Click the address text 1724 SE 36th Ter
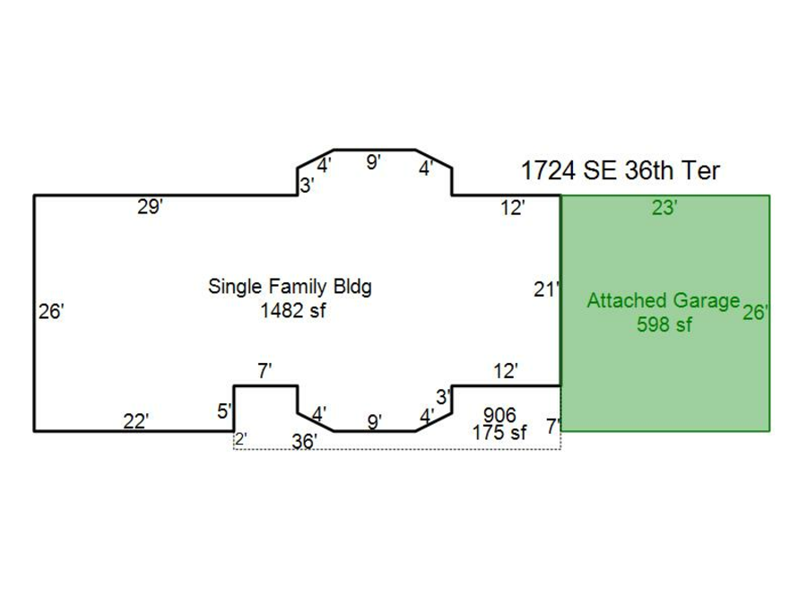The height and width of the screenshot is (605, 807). pos(620,170)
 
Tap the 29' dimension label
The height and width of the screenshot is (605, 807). pos(150,207)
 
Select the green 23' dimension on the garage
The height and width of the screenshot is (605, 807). pos(664,208)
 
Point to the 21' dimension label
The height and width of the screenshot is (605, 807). pos(546,290)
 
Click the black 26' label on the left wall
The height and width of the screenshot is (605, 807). pos(51,311)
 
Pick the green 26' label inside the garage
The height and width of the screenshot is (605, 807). pos(755,312)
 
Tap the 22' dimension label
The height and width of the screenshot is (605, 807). pos(136,421)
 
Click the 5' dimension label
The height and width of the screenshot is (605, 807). pos(224,411)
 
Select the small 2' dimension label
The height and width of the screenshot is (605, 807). pos(241,439)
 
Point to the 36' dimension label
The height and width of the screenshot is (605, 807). pos(304,441)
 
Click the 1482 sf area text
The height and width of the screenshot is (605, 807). pos(293,311)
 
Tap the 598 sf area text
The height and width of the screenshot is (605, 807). pos(664,324)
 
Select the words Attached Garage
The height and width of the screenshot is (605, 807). pos(664,300)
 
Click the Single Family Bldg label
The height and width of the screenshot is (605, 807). pos(290,287)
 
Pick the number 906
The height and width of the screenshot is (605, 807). pos(499,415)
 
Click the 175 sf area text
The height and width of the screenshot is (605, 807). pos(499,432)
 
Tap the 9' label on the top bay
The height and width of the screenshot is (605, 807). pos(373,162)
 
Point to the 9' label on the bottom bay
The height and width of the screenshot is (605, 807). pos(375,422)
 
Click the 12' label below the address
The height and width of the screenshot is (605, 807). pos(513,208)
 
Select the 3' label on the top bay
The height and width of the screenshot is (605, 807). pos(307,186)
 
